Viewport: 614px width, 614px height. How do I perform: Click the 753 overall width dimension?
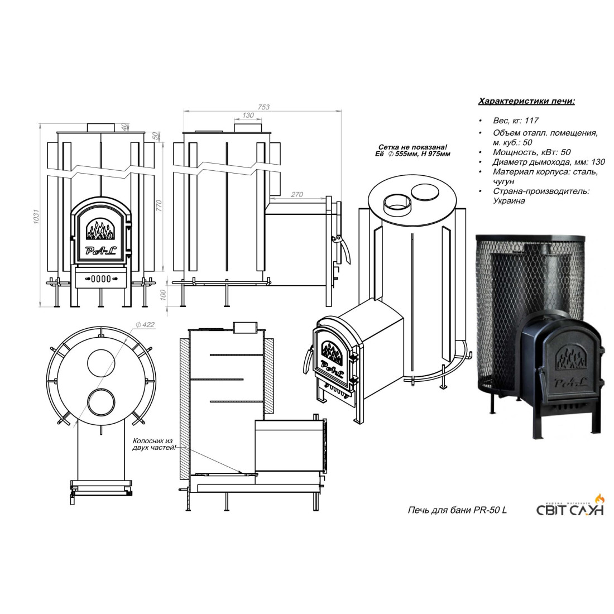point(263,107)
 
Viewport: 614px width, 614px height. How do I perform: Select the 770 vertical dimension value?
point(159,205)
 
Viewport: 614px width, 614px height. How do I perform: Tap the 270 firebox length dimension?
point(297,195)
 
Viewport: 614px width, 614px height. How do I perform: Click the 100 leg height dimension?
point(164,295)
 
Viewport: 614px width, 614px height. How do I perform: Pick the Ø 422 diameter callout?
point(145,325)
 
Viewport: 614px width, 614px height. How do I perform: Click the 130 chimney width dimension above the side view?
point(248,115)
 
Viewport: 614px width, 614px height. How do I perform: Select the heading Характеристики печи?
point(527,102)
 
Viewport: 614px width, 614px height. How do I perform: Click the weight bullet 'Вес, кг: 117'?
point(516,121)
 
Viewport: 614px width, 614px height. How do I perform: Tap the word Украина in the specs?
point(509,201)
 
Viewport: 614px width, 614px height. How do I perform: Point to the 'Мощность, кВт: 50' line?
point(531,152)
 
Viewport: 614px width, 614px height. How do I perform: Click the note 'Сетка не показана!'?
point(412,147)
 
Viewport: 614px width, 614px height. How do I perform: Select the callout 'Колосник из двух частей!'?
point(154,444)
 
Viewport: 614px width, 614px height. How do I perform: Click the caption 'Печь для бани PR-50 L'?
point(457,510)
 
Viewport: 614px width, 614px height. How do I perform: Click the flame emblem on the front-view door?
point(100,230)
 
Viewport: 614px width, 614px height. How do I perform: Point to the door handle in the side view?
point(343,249)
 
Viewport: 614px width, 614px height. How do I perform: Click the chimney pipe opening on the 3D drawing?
point(397,205)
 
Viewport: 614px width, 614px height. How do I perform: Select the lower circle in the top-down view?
point(101,402)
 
